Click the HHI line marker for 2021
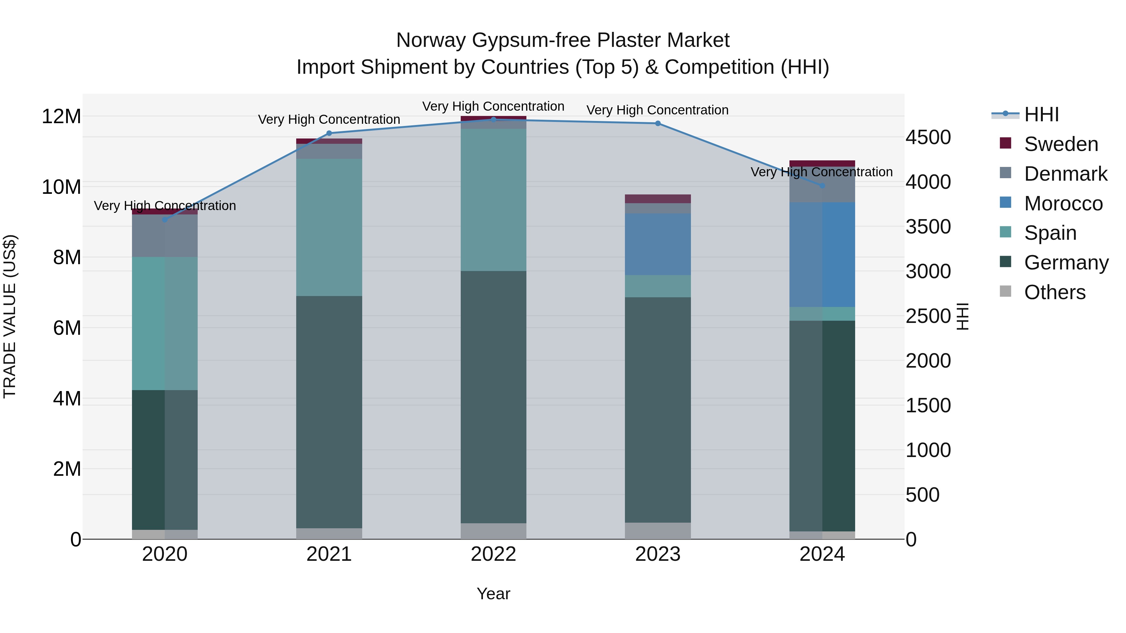point(329,133)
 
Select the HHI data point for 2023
point(657,123)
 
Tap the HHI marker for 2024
point(822,186)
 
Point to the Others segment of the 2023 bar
point(657,530)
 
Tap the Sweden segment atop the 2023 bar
point(657,199)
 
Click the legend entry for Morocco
point(1063,203)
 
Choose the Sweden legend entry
point(1061,144)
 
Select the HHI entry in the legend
point(1041,114)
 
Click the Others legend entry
point(1054,292)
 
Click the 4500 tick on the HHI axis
point(928,137)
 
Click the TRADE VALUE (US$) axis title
point(10,316)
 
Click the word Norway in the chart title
point(431,40)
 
